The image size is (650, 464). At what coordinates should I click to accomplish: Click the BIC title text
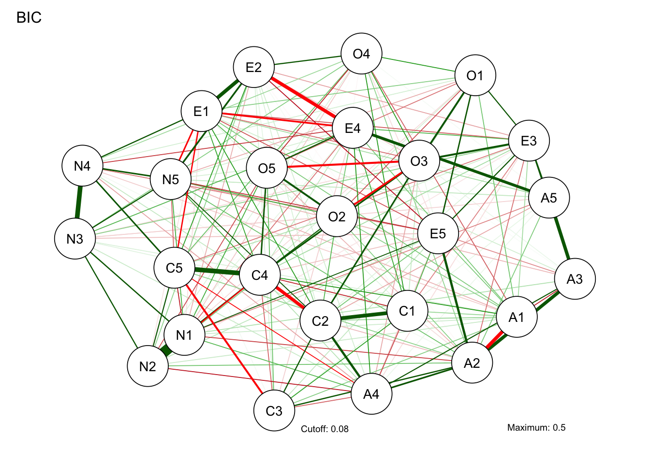coord(29,18)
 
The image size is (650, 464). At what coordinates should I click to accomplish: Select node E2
coord(254,67)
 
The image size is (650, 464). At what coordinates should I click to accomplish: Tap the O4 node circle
coord(362,54)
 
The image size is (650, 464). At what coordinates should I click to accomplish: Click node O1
coord(475,75)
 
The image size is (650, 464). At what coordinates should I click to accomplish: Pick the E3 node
coord(529,141)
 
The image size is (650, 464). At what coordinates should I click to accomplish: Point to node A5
coord(549,198)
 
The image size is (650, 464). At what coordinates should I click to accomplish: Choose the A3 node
coord(575,279)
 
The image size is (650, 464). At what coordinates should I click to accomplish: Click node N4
coord(82,166)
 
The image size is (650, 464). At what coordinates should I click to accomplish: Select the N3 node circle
coord(75,239)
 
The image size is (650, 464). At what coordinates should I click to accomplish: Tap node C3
coord(274,411)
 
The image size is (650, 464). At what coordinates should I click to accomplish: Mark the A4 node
coord(371,394)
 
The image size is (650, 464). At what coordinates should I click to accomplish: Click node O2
coord(337,217)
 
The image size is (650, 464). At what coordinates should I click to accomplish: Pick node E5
coord(438,233)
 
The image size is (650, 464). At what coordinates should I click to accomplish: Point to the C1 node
coord(407,311)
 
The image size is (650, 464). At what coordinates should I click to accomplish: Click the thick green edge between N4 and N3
coord(79,202)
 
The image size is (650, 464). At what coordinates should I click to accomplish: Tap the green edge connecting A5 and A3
coord(562,238)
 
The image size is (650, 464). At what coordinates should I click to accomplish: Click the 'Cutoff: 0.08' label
coord(325,429)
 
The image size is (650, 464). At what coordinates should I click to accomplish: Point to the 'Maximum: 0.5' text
coord(536,427)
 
